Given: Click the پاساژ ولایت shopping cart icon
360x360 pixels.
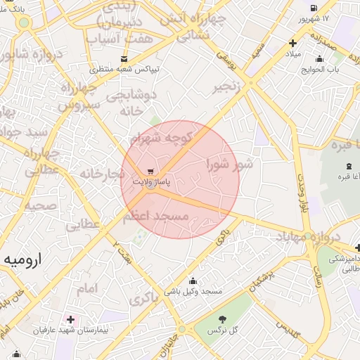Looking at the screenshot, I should (150, 172).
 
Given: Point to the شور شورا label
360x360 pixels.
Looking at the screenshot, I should (229, 165).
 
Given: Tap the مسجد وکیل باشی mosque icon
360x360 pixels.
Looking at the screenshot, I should (193, 281).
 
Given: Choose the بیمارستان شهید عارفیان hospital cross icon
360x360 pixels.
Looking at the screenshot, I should (70, 319).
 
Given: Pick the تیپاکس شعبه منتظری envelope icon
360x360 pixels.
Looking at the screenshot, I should (124, 59).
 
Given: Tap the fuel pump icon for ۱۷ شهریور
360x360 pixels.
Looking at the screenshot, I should (312, 7).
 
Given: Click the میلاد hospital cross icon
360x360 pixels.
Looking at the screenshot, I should (292, 44).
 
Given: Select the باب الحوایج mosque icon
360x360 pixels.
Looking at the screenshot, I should (319, 58).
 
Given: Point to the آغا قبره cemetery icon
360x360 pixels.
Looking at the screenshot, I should (349, 165).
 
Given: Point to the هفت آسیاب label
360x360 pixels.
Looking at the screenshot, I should (128, 39).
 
